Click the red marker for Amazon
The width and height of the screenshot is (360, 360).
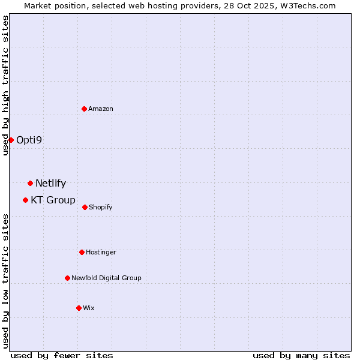(84, 109)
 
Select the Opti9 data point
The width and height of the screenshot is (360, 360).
(11, 140)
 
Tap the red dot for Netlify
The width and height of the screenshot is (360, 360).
(30, 183)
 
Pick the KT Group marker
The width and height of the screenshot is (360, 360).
(25, 200)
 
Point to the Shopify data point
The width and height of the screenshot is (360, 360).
(85, 207)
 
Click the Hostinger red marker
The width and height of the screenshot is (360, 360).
(82, 252)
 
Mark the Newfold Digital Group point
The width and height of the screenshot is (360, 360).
(67, 278)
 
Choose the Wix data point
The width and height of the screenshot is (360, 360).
(79, 308)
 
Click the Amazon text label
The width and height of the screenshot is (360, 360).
(101, 109)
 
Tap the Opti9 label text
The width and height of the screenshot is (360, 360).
(29, 140)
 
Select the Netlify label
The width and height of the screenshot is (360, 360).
(50, 183)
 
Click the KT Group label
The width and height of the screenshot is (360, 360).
(53, 200)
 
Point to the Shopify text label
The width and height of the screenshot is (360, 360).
(100, 207)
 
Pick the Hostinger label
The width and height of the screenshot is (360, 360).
(101, 252)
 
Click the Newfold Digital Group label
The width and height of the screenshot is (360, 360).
(106, 278)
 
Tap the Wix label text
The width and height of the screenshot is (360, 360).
(89, 308)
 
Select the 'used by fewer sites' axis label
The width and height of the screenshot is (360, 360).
(62, 355)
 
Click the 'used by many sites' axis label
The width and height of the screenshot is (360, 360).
(301, 355)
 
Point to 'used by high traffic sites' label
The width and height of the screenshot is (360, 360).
(5, 85)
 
